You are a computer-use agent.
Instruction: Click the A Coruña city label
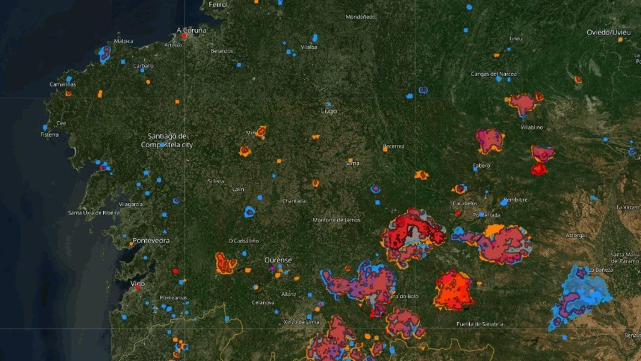[192, 30]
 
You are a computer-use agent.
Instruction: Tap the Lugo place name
[329, 111]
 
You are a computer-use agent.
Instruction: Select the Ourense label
[278, 260]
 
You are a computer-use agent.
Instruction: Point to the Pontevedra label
[151, 240]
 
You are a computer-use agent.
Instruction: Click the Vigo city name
[138, 283]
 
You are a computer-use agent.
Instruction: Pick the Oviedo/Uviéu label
[609, 32]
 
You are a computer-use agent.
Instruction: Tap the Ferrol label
[218, 5]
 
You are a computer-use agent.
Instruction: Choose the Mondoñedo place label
[360, 17]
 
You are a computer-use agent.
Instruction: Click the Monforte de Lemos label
[337, 220]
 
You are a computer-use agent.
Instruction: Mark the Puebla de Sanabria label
[480, 324]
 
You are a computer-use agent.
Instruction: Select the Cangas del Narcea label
[493, 74]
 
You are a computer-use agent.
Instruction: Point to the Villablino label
[532, 127]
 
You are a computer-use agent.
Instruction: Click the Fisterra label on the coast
[50, 134]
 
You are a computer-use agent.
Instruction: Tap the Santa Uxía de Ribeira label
[94, 213]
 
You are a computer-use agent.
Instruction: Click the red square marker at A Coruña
[184, 36]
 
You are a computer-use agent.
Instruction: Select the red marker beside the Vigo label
[138, 288]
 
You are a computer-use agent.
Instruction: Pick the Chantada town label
[294, 201]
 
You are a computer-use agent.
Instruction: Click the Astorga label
[575, 235]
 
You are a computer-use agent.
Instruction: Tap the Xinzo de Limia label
[301, 322]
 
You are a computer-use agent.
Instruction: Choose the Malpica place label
[124, 41]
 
